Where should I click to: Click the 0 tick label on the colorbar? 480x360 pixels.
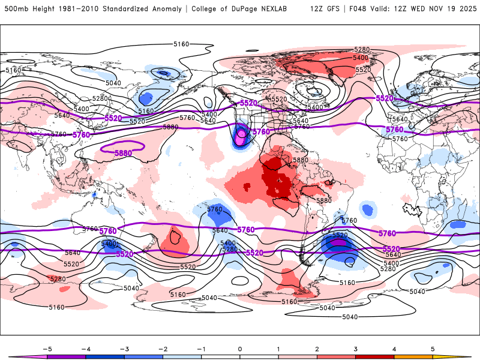[240, 348]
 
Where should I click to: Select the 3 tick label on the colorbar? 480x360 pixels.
[356, 348]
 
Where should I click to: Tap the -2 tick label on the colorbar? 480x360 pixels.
[163, 348]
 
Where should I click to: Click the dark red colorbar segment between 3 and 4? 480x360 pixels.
[375, 356]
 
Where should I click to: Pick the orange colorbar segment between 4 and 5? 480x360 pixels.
[413, 356]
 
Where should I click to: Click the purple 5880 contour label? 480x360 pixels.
[123, 153]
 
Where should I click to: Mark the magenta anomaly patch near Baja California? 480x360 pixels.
[241, 136]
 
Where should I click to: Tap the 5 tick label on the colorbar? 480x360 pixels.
[433, 348]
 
